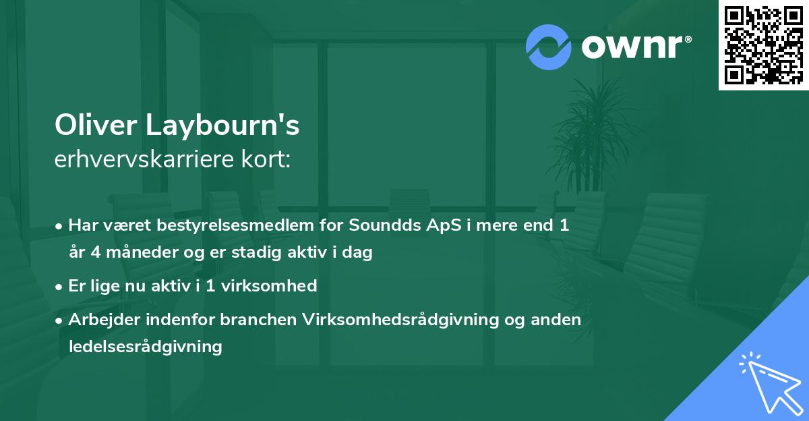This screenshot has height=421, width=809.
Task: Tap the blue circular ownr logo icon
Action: click(x=549, y=47)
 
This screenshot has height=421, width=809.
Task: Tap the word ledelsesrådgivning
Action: click(x=145, y=347)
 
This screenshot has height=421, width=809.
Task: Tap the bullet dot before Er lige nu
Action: click(x=60, y=286)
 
